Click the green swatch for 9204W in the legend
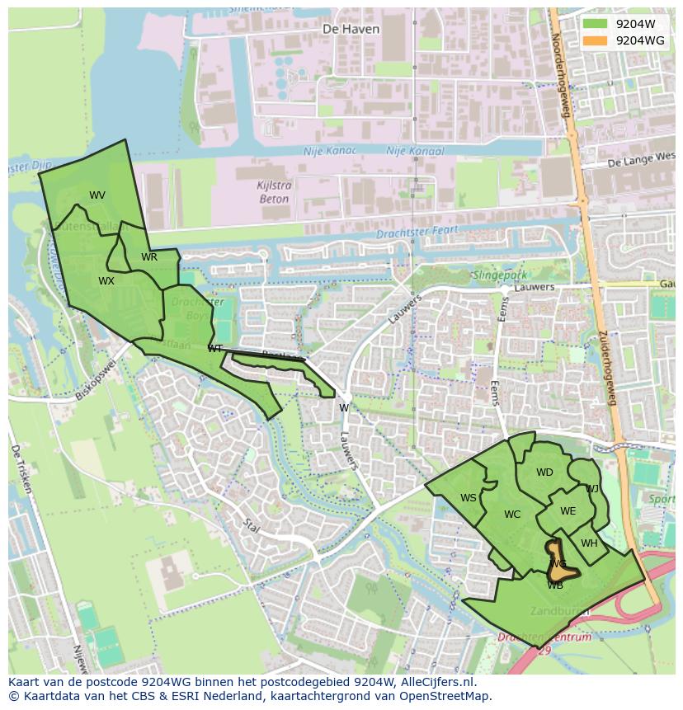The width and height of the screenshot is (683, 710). [594, 24]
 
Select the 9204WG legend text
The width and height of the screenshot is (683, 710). [640, 40]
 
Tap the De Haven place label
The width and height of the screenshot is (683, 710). [351, 29]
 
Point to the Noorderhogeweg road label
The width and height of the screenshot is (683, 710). [561, 74]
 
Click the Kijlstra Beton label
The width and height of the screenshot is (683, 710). [272, 193]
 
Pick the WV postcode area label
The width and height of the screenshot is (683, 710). [97, 195]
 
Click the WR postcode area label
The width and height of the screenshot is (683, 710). [148, 257]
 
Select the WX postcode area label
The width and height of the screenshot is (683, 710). [106, 281]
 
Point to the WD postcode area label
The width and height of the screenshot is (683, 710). [544, 473]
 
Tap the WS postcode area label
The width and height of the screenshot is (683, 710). [469, 497]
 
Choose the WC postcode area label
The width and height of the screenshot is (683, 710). [512, 515]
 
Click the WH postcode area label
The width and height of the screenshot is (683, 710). [589, 543]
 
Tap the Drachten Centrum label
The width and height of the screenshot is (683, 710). [544, 637]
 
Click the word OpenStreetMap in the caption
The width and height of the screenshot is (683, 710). [448, 696]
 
